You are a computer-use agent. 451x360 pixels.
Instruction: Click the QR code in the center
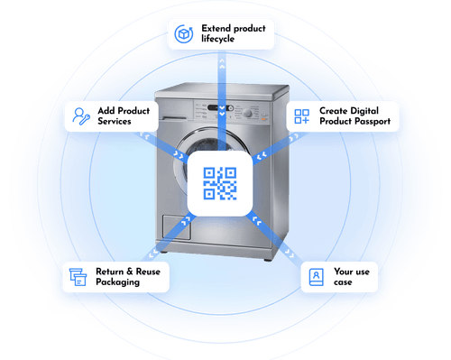point(220,184)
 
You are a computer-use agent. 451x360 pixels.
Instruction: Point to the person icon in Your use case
point(315,276)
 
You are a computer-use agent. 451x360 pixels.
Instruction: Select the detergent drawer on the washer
point(179,106)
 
